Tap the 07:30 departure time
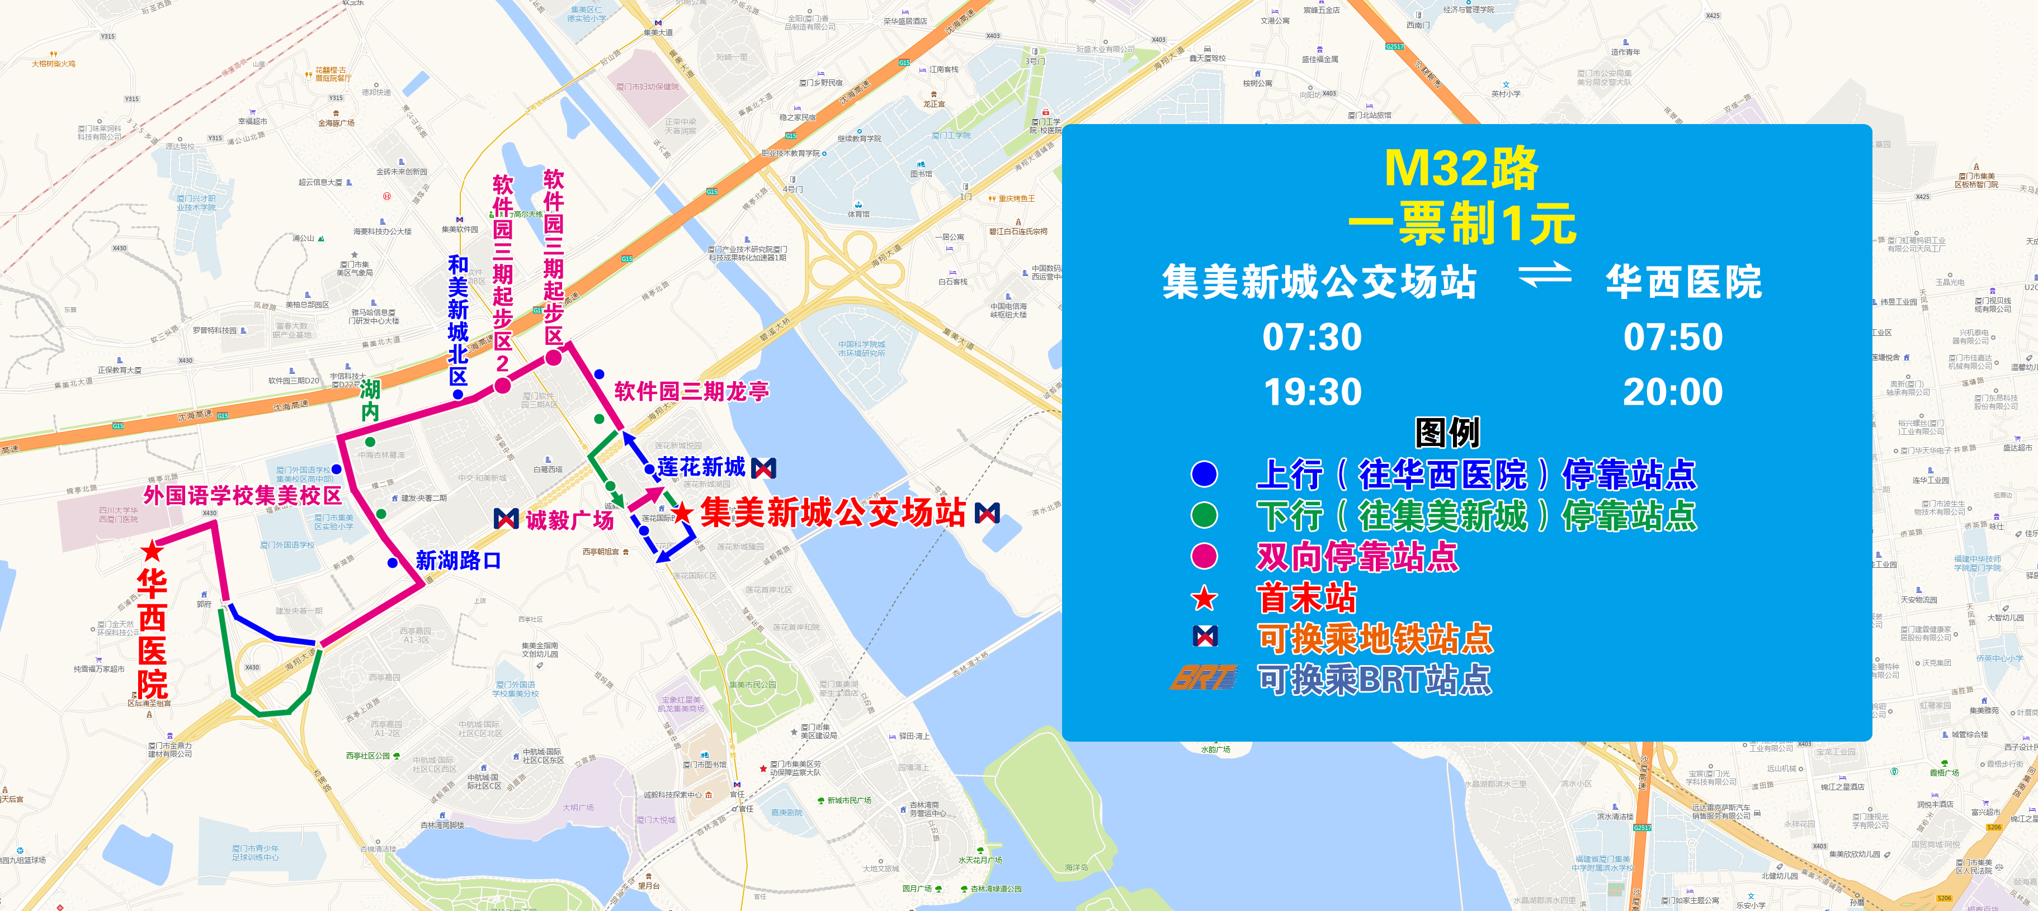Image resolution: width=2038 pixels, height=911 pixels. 1312,338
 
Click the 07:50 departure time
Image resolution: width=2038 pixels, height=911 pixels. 1672,338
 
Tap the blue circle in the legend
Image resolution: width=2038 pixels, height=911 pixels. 1204,475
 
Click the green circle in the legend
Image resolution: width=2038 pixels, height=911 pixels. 1204,516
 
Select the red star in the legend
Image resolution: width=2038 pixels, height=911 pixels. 1204,599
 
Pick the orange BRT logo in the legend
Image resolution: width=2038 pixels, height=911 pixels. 1204,678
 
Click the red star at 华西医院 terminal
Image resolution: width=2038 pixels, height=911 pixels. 152,551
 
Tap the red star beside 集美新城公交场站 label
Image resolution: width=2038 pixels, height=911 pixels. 682,513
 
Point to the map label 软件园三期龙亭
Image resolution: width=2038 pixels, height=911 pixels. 691,391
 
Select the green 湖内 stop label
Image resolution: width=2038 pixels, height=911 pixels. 370,400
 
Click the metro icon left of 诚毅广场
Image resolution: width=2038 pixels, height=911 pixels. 506,519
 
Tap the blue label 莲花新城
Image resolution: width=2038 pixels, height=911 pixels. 701,467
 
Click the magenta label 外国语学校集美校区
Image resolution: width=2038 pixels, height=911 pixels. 242,496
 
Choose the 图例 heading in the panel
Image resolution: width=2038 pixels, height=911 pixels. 1447,433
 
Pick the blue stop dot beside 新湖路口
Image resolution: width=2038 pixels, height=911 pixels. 393,563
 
